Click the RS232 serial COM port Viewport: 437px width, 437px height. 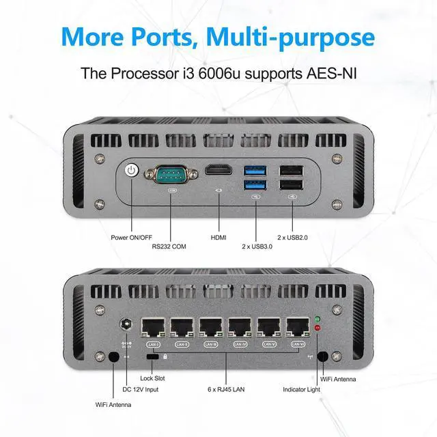click(x=168, y=174)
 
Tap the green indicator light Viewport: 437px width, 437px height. click(x=317, y=319)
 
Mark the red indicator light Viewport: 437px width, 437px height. click(x=317, y=329)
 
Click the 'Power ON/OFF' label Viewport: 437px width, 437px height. click(x=131, y=237)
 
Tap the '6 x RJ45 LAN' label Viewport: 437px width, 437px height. click(x=227, y=389)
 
